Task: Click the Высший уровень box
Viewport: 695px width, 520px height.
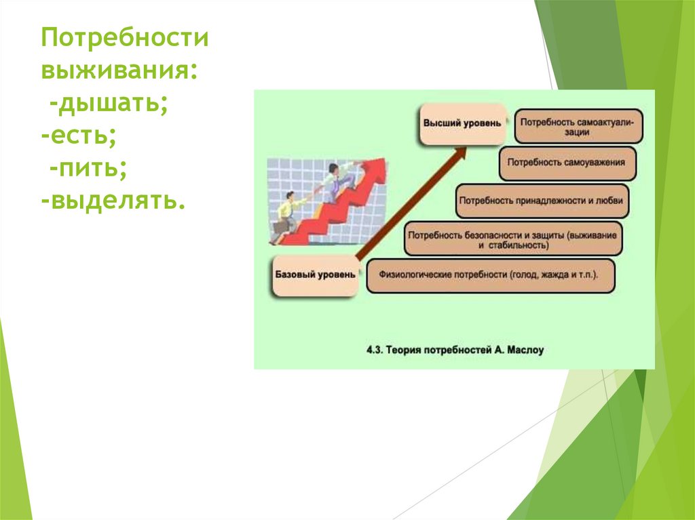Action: click(462, 124)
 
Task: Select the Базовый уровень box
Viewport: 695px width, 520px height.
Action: click(315, 275)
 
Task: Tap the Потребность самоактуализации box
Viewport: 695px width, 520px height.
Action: click(579, 126)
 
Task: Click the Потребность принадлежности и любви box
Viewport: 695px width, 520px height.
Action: click(542, 201)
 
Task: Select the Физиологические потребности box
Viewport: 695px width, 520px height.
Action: click(490, 277)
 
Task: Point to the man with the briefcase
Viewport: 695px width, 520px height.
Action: click(285, 217)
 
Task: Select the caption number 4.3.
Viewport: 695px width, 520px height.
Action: click(375, 351)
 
